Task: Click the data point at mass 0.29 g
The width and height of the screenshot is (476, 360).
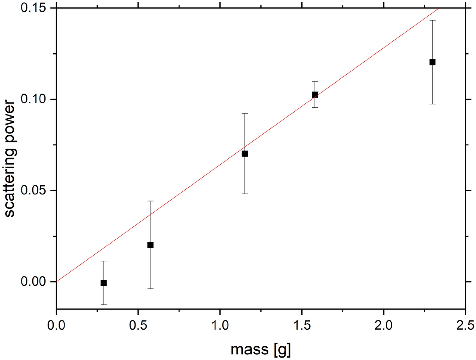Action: point(104,283)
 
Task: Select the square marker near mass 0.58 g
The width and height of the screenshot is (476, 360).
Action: point(150,245)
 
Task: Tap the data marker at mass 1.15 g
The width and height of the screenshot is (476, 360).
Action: point(244,154)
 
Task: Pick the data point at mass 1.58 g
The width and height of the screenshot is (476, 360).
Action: point(315,94)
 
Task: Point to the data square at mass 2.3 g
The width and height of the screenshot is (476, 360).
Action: point(432,62)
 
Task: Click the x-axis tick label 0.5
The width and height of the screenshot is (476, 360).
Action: point(138,325)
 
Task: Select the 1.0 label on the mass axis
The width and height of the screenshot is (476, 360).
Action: point(220,325)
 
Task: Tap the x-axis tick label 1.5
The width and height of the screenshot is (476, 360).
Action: point(302,325)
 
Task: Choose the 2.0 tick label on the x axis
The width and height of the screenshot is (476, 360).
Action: point(384,325)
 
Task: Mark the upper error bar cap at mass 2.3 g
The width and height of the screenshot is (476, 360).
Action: point(432,20)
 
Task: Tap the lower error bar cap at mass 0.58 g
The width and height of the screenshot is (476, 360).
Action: point(150,289)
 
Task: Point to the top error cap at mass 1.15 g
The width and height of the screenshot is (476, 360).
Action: point(244,114)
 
